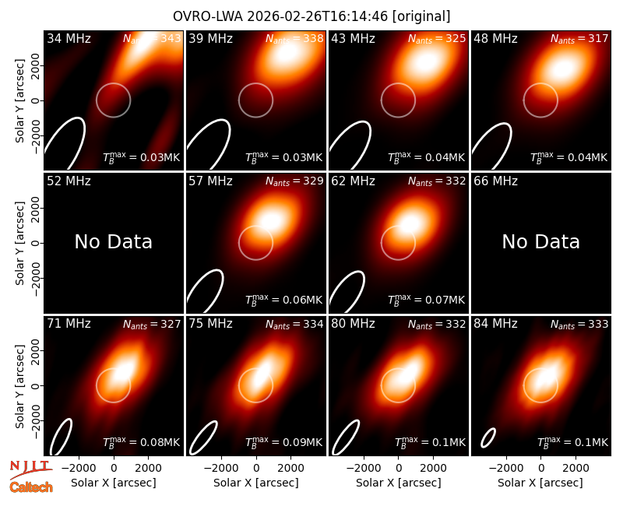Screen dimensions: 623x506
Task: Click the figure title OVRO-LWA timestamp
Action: (311, 16)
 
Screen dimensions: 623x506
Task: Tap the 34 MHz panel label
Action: (69, 38)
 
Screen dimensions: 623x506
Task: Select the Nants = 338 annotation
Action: (294, 38)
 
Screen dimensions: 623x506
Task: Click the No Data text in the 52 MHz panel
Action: (114, 241)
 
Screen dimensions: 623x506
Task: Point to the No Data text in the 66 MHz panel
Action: (540, 241)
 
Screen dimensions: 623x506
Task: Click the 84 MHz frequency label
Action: (495, 324)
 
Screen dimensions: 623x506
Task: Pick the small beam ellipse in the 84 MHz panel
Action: (488, 437)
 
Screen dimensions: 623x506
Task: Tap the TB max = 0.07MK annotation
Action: (426, 299)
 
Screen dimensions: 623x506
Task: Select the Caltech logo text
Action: (31, 487)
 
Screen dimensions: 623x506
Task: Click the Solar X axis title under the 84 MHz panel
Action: (540, 483)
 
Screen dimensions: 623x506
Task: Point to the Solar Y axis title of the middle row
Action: (19, 243)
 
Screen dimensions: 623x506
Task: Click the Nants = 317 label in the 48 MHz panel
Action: (579, 38)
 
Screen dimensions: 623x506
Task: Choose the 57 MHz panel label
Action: (210, 181)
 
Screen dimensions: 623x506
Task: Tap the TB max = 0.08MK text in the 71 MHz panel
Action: (142, 441)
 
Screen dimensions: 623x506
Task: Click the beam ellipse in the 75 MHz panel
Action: (203, 437)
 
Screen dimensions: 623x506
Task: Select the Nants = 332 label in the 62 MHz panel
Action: (437, 181)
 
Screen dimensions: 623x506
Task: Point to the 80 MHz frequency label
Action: (353, 324)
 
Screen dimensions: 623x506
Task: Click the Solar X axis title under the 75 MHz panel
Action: (256, 483)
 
